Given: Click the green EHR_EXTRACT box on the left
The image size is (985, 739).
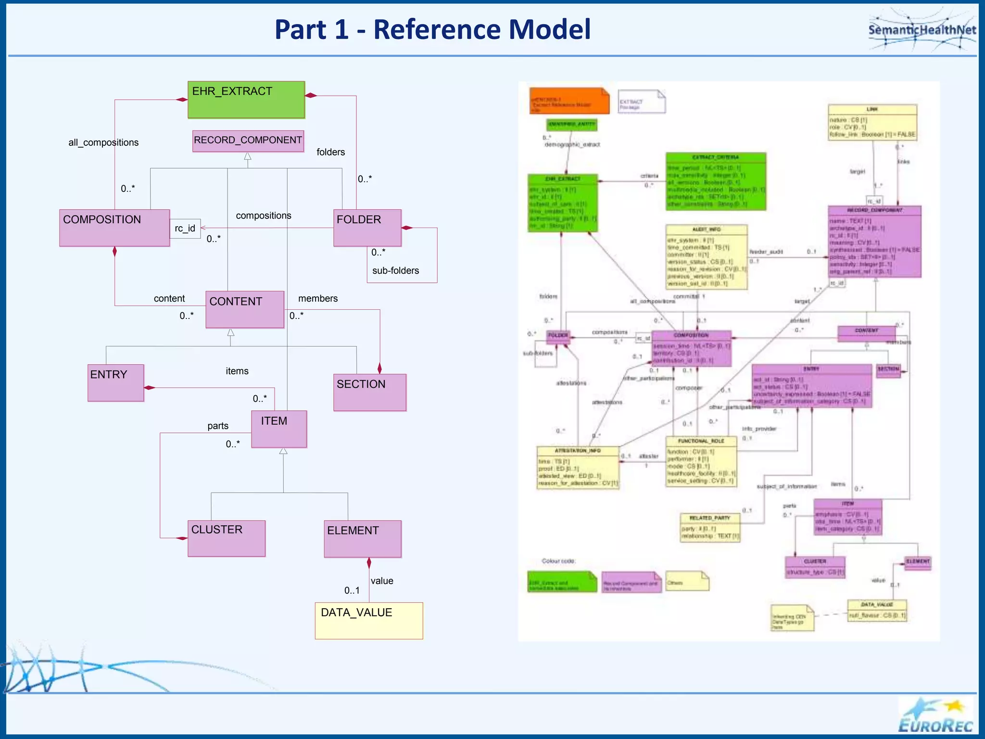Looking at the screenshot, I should [x=246, y=100].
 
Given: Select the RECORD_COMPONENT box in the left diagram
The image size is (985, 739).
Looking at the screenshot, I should [x=248, y=140].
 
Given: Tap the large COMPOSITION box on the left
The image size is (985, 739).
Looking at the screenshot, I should [x=114, y=228].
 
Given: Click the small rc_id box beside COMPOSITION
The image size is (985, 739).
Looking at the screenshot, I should [x=185, y=228].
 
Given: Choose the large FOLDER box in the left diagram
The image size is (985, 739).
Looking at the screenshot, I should [x=367, y=228].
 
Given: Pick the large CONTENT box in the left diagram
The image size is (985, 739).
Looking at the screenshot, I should [x=244, y=309].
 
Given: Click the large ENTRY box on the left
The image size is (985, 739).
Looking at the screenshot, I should [x=115, y=382].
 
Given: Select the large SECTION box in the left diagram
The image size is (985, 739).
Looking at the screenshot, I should [x=369, y=392].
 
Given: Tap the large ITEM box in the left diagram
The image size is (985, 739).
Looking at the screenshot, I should [x=278, y=429].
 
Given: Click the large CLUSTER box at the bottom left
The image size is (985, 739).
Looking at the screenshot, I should [x=226, y=538].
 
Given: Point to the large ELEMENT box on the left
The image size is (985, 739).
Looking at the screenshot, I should [x=362, y=538].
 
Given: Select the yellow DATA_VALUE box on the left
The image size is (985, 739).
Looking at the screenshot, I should [x=368, y=620].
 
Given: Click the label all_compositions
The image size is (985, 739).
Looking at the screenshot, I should [x=103, y=142].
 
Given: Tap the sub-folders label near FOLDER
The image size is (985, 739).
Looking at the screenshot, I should [x=395, y=270].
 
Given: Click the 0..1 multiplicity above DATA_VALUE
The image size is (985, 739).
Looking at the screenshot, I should [x=352, y=590].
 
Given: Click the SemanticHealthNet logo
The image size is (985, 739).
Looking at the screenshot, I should [x=922, y=30].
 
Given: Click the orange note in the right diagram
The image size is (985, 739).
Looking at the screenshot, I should [x=568, y=101].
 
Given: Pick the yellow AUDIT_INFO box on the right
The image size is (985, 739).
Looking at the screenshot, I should [x=706, y=257].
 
